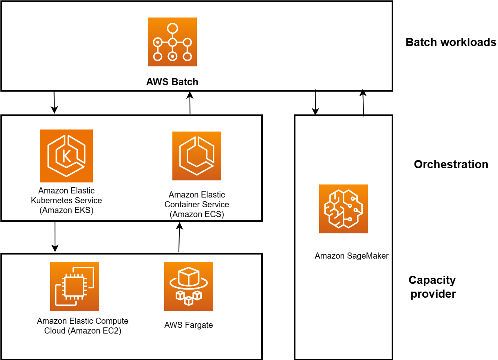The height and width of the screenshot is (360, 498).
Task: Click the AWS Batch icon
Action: [x=172, y=42]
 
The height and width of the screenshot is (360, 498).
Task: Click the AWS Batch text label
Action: [x=172, y=82]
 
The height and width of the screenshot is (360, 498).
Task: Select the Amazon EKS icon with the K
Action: [x=66, y=156]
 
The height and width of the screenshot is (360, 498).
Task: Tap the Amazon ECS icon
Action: [x=196, y=156]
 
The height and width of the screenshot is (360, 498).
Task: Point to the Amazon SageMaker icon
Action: [x=343, y=209]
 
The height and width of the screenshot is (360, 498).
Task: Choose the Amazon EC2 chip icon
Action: [x=75, y=286]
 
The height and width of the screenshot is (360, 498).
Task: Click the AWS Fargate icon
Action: [x=188, y=286]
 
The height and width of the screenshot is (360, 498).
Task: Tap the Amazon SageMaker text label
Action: [x=351, y=256]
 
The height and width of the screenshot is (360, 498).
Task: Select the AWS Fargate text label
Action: [x=188, y=325]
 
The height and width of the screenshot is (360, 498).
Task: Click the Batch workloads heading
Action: [x=451, y=42]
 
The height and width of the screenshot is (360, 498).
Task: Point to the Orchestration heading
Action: [x=451, y=165]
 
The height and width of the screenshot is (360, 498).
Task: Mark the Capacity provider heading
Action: [x=432, y=287]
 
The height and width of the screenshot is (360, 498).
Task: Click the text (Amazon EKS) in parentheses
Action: [x=66, y=211]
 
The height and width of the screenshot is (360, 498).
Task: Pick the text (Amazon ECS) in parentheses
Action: [x=197, y=214]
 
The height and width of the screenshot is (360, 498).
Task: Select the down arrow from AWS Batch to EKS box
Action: [x=54, y=102]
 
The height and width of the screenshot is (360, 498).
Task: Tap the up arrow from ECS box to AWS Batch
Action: [x=190, y=102]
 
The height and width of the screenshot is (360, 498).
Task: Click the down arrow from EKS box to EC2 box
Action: [x=55, y=237]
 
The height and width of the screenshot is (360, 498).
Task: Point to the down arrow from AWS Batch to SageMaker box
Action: [x=315, y=102]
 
